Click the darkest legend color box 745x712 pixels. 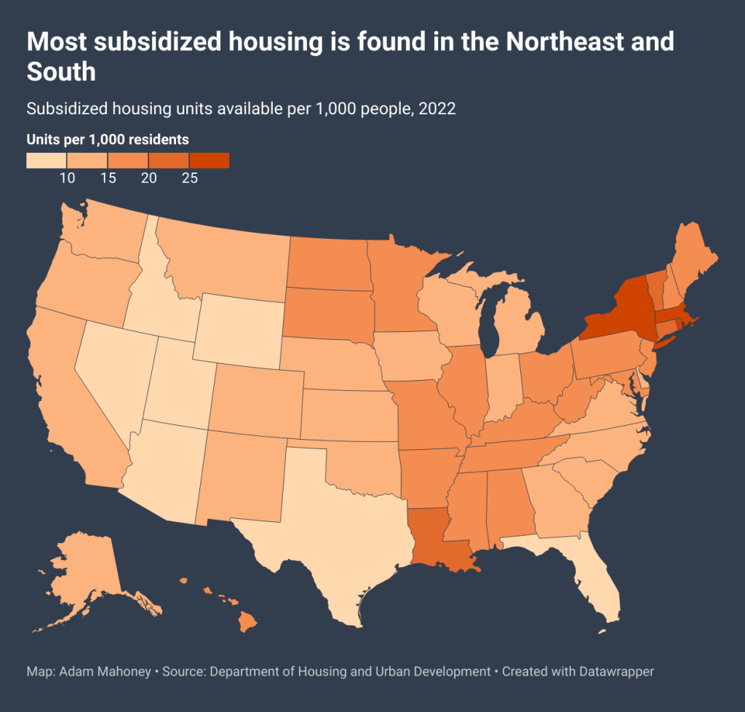tap(209, 160)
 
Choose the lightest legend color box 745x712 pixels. tap(47, 160)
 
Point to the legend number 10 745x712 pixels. tap(68, 179)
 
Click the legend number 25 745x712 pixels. tap(190, 179)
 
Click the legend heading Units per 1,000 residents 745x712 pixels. tap(108, 139)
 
